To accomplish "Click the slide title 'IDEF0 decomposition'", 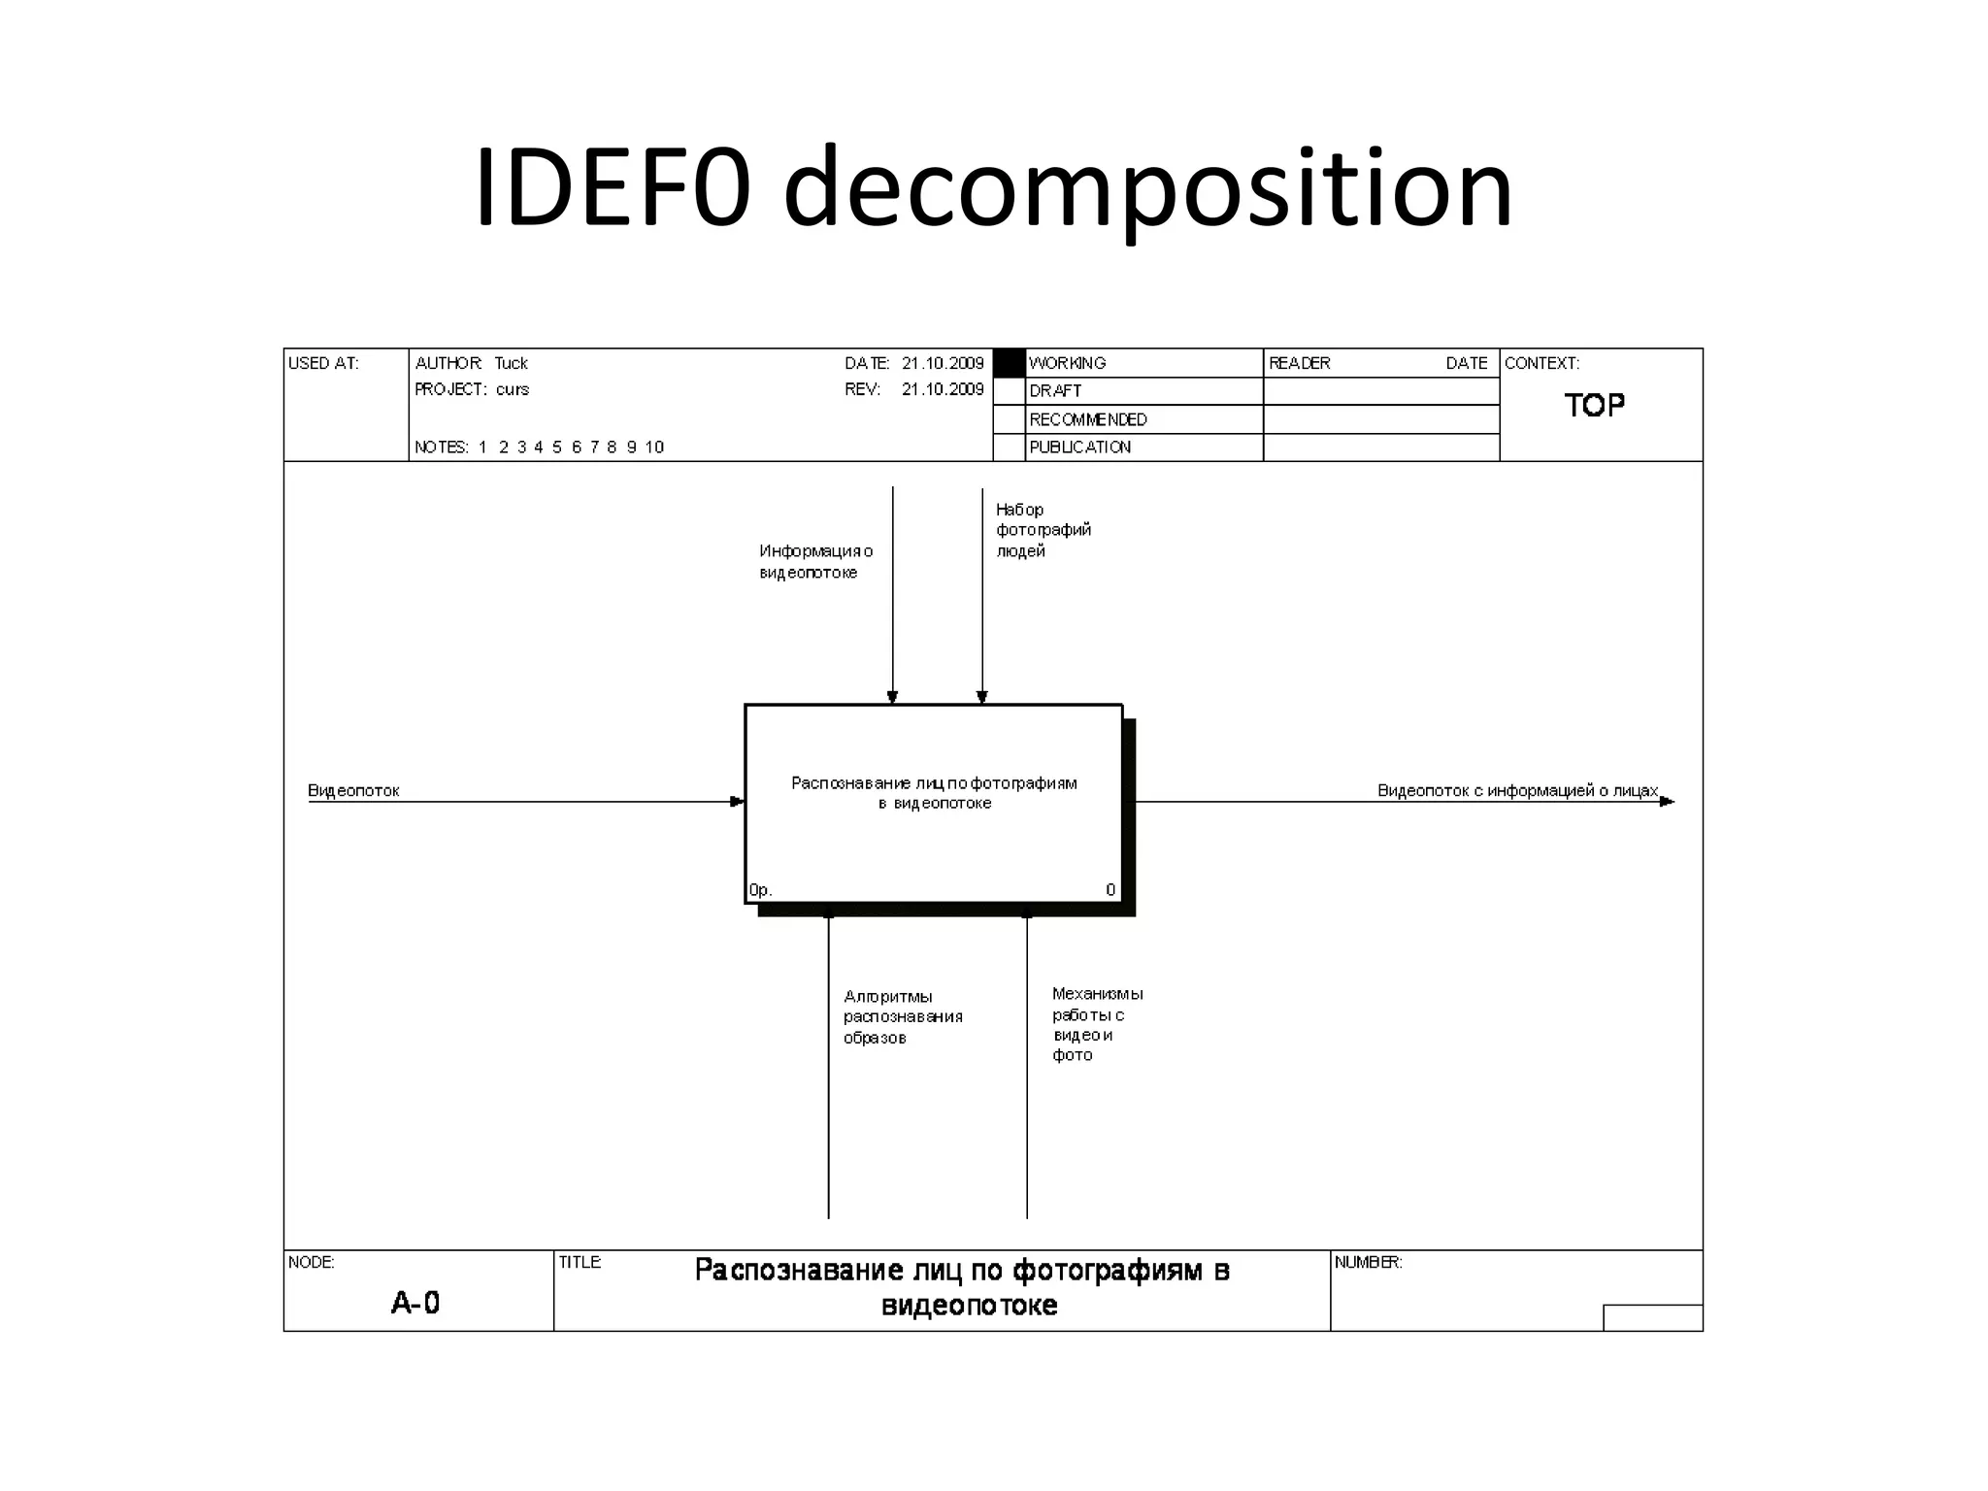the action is pos(993,188).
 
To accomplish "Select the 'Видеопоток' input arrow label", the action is pos(353,791).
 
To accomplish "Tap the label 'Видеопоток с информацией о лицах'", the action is pos(1517,791).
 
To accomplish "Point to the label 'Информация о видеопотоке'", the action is pos(815,562).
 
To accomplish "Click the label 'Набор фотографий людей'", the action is pos(1043,530).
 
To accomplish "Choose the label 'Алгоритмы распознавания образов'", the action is pos(902,1017).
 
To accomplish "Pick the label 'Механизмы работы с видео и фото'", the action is pos(1097,1024).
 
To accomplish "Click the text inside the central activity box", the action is pos(934,793).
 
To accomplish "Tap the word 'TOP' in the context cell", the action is pos(1594,406).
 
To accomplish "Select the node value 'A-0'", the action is pos(415,1303).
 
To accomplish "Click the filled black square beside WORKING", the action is pos(1010,363).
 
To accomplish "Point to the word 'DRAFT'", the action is pos(1055,391).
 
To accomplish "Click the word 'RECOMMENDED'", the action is pos(1088,419).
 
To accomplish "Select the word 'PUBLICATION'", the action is pos(1079,447).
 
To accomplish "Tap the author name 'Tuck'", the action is pos(511,363).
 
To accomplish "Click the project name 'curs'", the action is pos(513,389).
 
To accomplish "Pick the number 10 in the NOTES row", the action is pos(654,447).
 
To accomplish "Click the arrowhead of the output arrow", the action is pos(1667,802).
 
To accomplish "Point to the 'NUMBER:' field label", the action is pos(1368,1263).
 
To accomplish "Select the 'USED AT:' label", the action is pos(323,363).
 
